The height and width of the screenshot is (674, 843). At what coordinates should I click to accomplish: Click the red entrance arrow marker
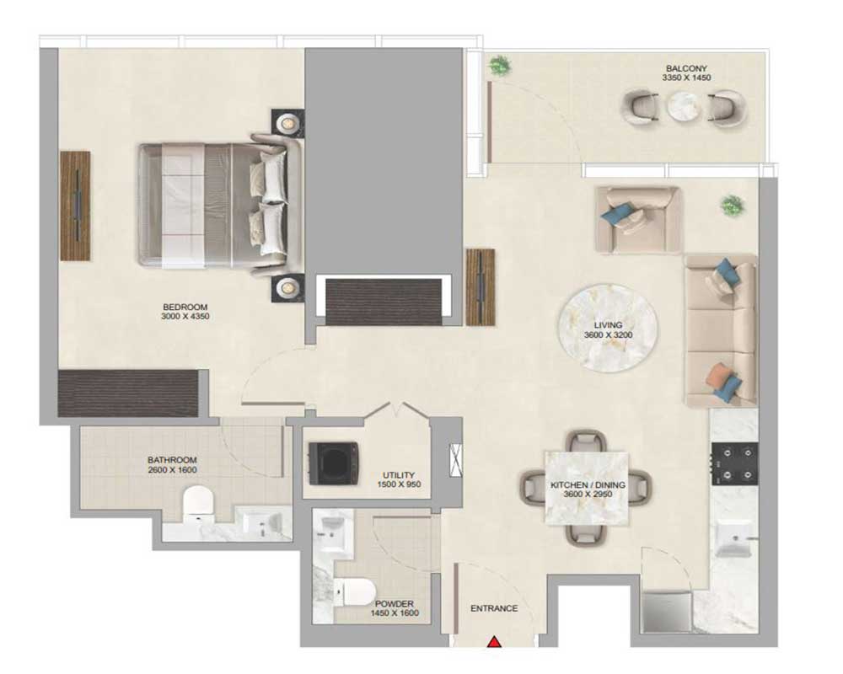(x=494, y=642)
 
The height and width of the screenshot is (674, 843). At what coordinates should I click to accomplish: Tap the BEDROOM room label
(x=185, y=307)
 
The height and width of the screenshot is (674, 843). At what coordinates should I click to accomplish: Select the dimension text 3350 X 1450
(x=686, y=78)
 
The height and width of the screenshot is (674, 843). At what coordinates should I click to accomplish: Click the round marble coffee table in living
(x=608, y=328)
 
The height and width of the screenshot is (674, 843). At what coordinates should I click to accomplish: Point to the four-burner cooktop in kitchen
(x=735, y=463)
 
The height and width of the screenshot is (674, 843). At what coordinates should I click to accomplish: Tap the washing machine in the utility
(x=333, y=463)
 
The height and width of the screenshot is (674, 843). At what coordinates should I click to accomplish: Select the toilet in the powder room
(x=354, y=591)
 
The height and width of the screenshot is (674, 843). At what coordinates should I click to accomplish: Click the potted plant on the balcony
(x=499, y=66)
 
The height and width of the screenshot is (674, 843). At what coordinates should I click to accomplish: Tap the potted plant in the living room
(x=733, y=206)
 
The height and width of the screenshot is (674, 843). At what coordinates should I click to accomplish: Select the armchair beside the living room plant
(x=638, y=219)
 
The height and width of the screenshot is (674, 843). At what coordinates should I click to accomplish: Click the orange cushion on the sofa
(x=718, y=373)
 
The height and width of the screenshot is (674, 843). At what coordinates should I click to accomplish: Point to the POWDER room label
(x=394, y=604)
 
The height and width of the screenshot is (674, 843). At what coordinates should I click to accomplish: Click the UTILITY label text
(x=399, y=475)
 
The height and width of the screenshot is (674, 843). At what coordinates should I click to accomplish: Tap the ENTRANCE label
(x=494, y=608)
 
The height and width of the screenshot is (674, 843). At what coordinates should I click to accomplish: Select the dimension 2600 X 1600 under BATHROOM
(x=172, y=470)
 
